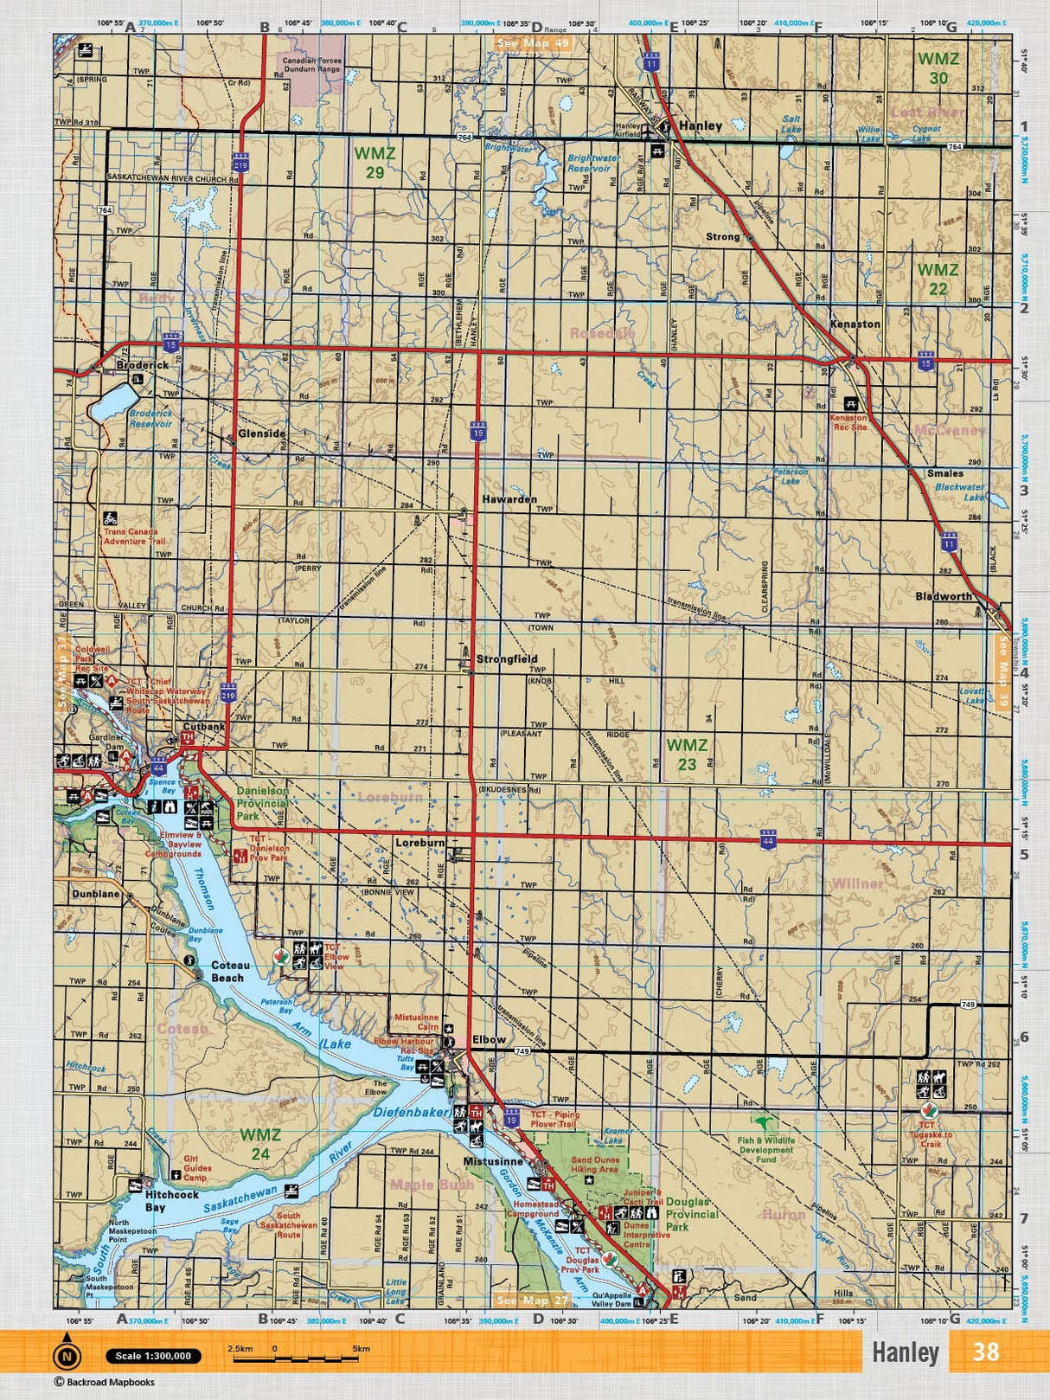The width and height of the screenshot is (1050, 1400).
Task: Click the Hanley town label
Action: pyautogui.click(x=701, y=125)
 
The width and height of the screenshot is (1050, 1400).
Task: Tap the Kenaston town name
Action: pyautogui.click(x=855, y=324)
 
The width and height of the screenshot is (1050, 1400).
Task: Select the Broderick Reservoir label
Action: pyautogui.click(x=150, y=419)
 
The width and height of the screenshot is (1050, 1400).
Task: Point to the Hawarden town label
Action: pyautogui.click(x=509, y=500)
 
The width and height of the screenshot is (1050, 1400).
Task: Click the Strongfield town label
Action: pyautogui.click(x=507, y=659)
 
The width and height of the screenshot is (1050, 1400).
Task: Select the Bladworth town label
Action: pyautogui.click(x=943, y=597)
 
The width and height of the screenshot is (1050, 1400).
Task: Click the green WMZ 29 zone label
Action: pyautogui.click(x=375, y=162)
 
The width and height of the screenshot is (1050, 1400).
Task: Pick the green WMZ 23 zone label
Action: pyautogui.click(x=687, y=754)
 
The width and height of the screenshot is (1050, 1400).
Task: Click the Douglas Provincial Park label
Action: pyautogui.click(x=692, y=1214)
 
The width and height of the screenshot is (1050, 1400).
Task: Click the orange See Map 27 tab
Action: pyautogui.click(x=534, y=1300)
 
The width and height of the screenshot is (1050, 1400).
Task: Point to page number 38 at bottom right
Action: pyautogui.click(x=985, y=1352)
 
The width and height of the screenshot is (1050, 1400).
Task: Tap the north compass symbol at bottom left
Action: pyautogui.click(x=67, y=1356)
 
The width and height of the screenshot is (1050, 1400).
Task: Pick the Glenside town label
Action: pyautogui.click(x=261, y=434)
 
